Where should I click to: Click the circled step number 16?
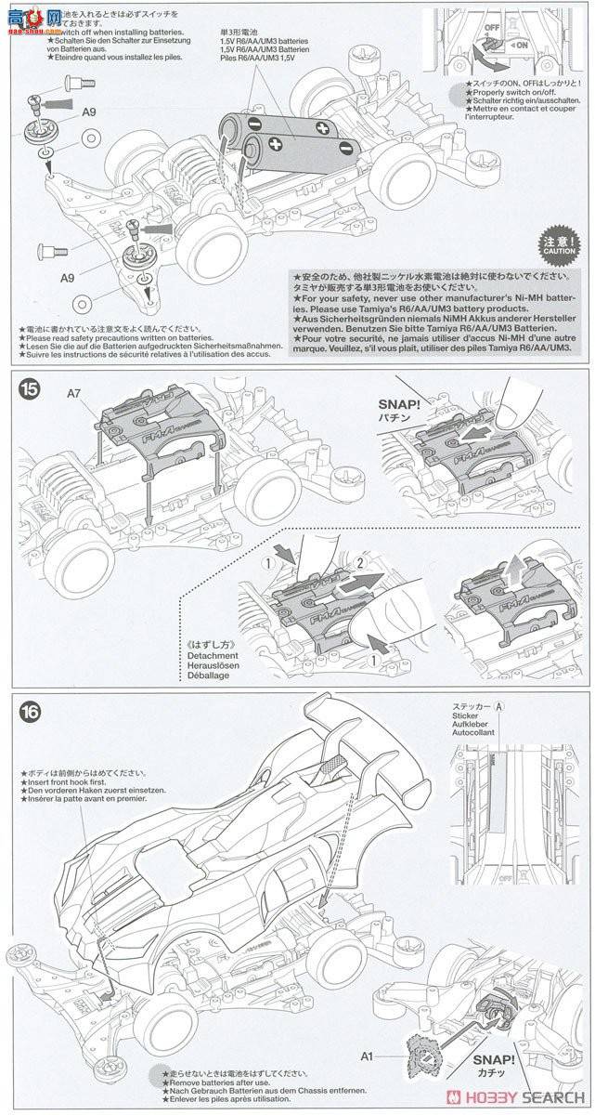pyautogui.click(x=29, y=710)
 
